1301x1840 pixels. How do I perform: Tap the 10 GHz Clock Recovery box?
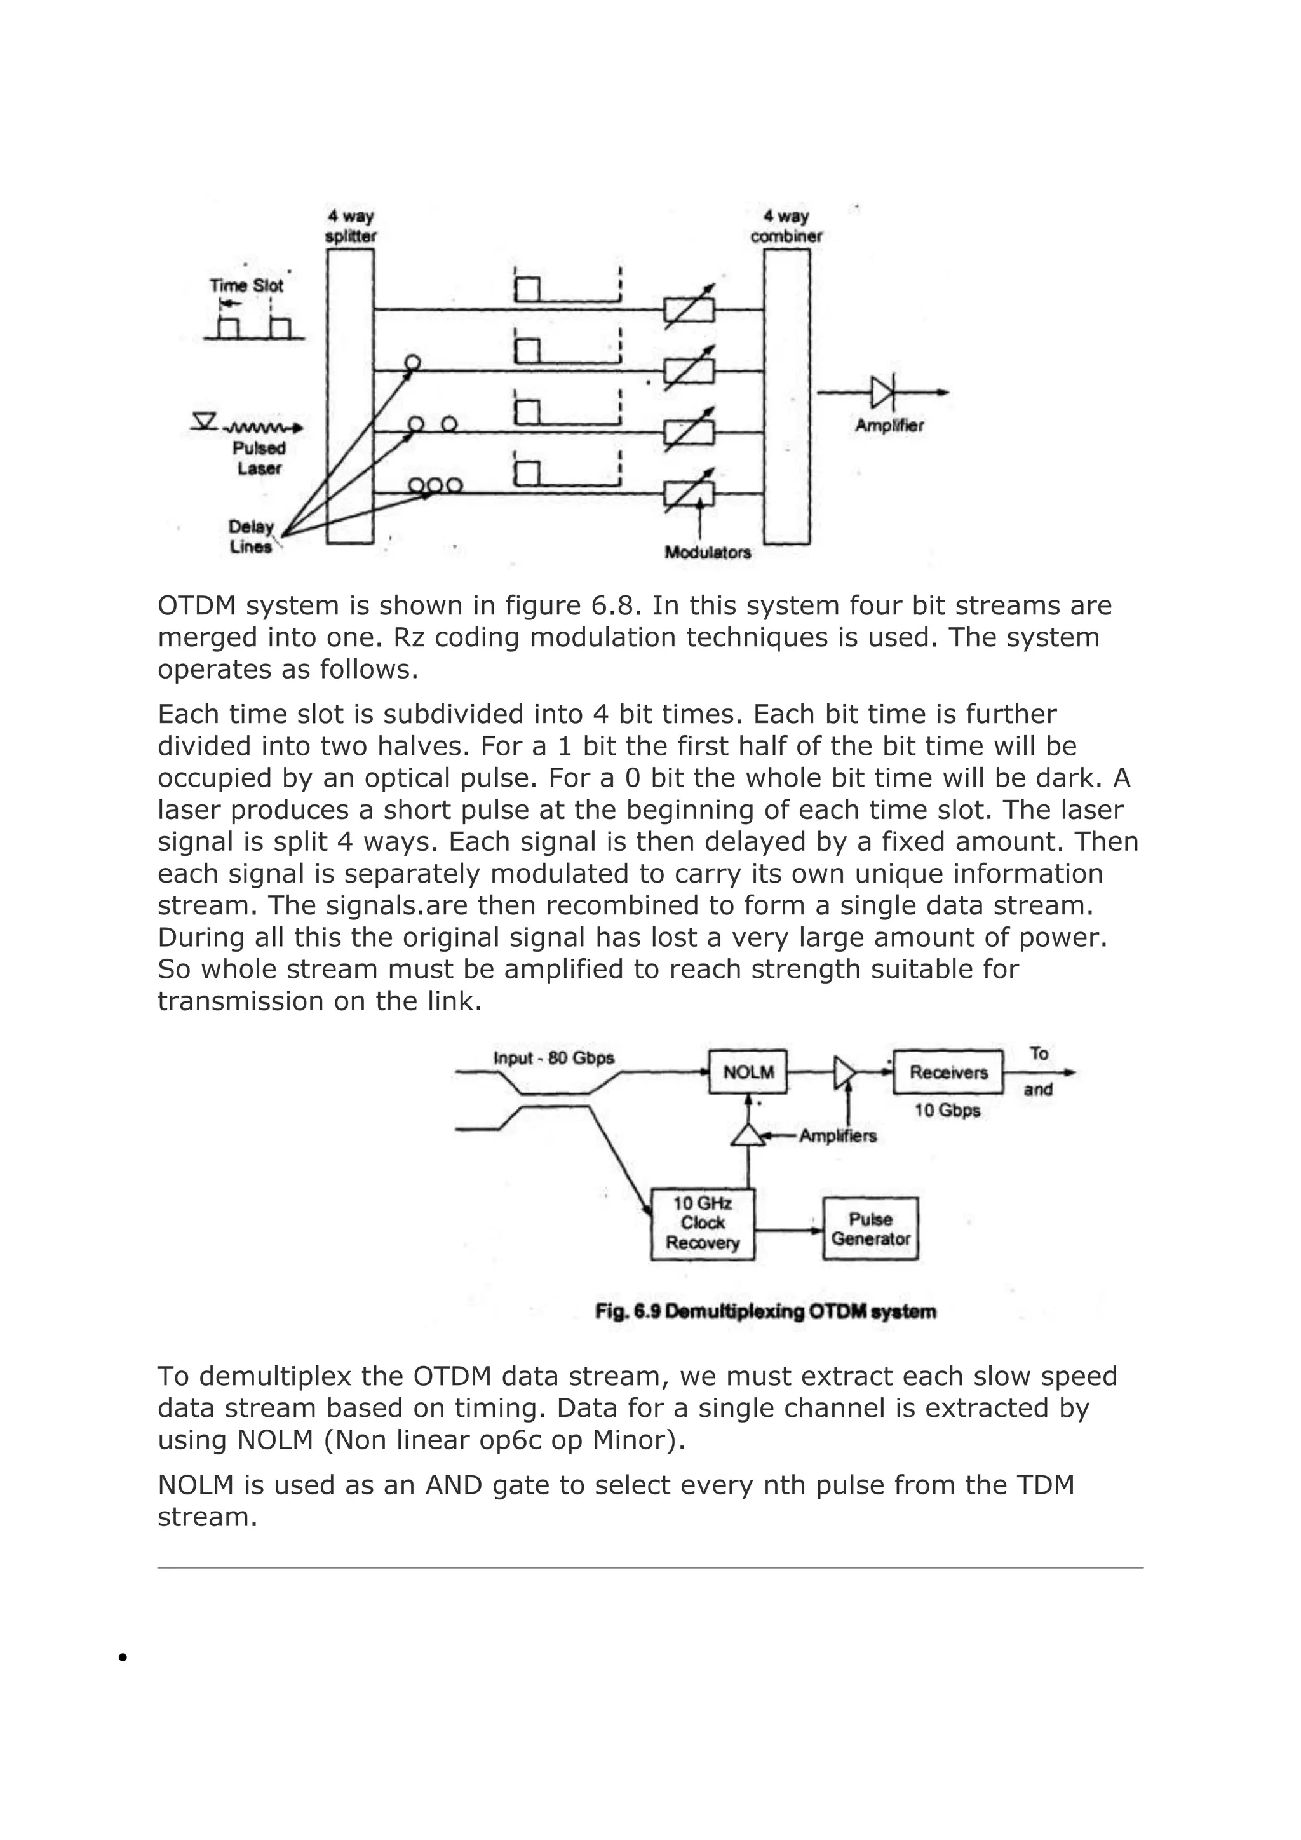tap(703, 1224)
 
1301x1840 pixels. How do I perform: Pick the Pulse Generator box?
tap(870, 1229)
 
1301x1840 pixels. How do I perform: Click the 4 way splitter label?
tap(350, 226)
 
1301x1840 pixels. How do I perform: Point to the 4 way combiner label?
tap(786, 226)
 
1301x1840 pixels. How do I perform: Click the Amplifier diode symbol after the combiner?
tap(883, 393)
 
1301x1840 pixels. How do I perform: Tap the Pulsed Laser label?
tap(259, 457)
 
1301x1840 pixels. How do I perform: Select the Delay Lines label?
tap(251, 536)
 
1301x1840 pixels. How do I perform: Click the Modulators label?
tap(708, 552)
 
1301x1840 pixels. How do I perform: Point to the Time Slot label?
tap(246, 285)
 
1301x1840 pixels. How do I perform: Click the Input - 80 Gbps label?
tap(553, 1058)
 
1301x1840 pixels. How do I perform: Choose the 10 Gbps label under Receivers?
tap(947, 1111)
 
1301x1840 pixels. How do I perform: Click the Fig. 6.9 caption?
tap(765, 1312)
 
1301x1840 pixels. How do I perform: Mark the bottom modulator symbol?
tap(689, 494)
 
